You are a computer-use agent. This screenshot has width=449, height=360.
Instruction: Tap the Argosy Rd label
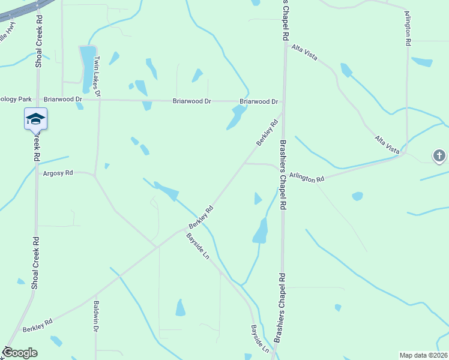pyautogui.click(x=58, y=173)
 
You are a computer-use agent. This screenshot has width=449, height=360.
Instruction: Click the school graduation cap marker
pyautogui.click(x=35, y=118)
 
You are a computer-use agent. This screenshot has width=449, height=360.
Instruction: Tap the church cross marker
pyautogui.click(x=439, y=157)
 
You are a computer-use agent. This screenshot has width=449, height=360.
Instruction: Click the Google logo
pyautogui.click(x=20, y=353)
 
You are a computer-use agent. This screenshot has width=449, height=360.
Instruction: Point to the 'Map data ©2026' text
pyautogui.click(x=423, y=355)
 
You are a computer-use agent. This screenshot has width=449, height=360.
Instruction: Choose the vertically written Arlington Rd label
pyautogui.click(x=408, y=28)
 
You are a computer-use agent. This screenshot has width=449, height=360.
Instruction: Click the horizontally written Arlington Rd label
pyautogui.click(x=306, y=178)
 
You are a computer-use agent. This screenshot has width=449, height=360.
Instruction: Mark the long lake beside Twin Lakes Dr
pyautogui.click(x=88, y=66)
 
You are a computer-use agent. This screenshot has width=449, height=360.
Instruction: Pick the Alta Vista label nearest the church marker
pyautogui.click(x=388, y=146)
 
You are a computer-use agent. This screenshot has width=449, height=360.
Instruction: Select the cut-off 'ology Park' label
pyautogui.click(x=15, y=99)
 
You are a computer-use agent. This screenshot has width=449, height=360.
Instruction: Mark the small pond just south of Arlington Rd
pyautogui.click(x=357, y=196)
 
